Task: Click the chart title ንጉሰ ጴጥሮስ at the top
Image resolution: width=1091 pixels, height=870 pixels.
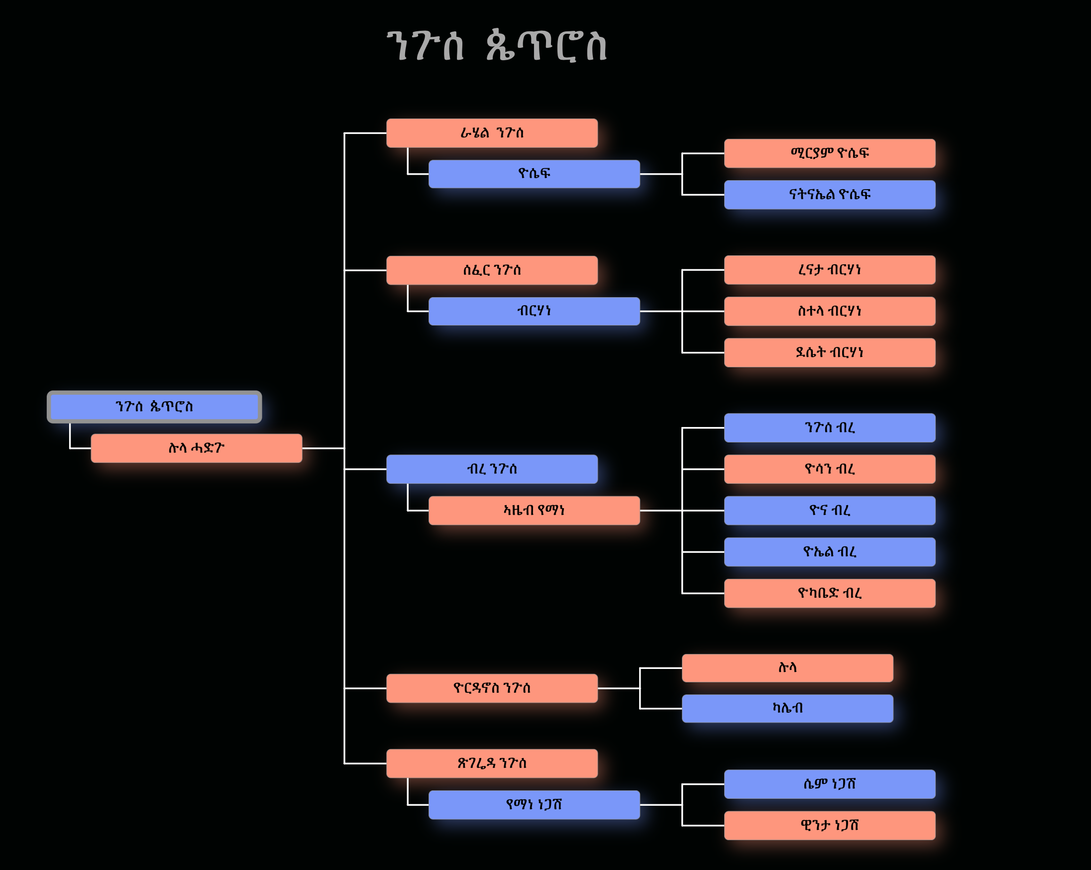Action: tap(496, 46)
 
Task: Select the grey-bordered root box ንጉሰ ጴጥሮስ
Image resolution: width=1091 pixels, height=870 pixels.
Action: tap(154, 407)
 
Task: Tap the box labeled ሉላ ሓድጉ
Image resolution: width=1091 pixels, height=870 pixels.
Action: tap(196, 448)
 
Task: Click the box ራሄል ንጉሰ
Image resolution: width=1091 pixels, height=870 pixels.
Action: tap(492, 133)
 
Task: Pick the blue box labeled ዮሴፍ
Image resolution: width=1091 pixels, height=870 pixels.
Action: tap(534, 174)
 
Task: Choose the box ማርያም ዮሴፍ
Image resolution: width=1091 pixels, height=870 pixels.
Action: tap(829, 153)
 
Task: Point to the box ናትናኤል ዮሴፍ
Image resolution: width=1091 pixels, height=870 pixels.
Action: tap(829, 194)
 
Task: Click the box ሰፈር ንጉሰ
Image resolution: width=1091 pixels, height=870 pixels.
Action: tap(492, 270)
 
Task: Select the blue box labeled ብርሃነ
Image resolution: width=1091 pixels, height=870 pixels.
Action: tap(534, 311)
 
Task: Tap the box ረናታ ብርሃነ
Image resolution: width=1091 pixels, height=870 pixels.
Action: tap(829, 270)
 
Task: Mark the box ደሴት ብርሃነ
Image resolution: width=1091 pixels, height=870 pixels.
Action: tap(829, 352)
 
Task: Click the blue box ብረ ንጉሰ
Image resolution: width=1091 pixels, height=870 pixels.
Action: tap(492, 469)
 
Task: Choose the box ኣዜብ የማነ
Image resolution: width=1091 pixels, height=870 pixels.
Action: tap(534, 510)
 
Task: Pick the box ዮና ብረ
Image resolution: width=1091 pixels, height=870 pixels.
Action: tap(829, 510)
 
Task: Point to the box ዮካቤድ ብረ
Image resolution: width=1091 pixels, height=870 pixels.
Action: tap(829, 593)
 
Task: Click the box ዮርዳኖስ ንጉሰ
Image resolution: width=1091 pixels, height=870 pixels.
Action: tap(492, 688)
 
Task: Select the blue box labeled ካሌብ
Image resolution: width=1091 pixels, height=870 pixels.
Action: tap(787, 708)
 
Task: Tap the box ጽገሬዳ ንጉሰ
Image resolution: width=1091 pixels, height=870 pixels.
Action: tap(492, 763)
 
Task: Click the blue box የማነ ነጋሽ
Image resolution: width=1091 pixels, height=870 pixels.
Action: tap(534, 804)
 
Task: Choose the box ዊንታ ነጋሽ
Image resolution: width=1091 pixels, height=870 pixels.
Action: tap(829, 826)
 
